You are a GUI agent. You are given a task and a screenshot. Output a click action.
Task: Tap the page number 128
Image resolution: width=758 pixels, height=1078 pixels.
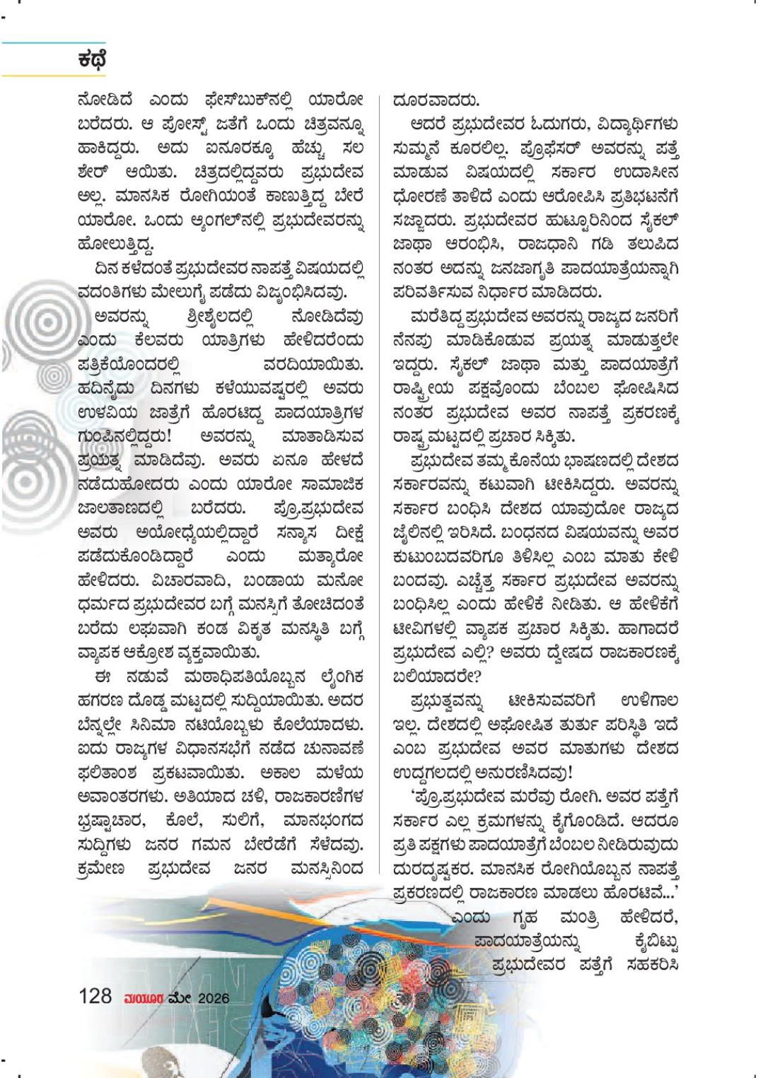95,997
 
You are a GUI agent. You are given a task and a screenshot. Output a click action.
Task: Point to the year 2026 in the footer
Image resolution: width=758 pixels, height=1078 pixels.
214,998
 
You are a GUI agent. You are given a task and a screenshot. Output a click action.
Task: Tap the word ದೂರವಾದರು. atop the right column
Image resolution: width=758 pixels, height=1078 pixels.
436,100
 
